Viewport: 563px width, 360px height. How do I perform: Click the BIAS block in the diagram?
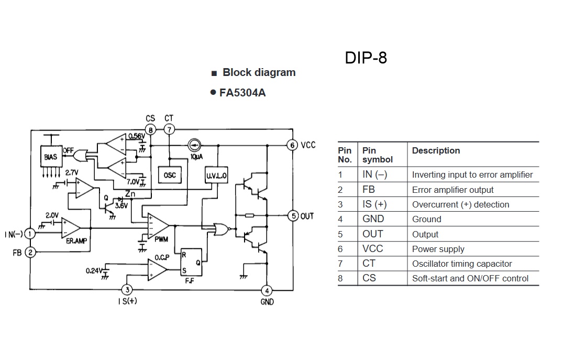click(x=51, y=157)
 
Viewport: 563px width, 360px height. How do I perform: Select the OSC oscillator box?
click(x=170, y=175)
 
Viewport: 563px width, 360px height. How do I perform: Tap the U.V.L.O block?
click(x=216, y=176)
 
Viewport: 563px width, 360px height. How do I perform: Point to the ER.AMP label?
click(x=76, y=241)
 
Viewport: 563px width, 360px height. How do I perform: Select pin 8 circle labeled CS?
click(x=151, y=129)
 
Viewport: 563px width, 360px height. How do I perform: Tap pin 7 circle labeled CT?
click(x=169, y=129)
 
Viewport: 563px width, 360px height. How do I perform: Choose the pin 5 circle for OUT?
click(x=293, y=215)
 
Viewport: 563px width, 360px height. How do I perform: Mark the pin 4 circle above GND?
click(x=267, y=290)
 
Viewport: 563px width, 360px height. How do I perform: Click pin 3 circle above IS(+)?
click(x=126, y=289)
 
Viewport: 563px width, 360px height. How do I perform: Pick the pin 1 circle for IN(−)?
click(x=30, y=234)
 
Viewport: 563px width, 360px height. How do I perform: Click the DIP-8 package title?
click(x=366, y=58)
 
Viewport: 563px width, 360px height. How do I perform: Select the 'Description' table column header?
click(x=436, y=151)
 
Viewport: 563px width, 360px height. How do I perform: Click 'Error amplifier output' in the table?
click(x=452, y=190)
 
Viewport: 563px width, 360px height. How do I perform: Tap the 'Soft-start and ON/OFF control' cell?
click(x=470, y=278)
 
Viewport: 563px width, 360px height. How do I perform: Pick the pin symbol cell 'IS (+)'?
click(x=374, y=204)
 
